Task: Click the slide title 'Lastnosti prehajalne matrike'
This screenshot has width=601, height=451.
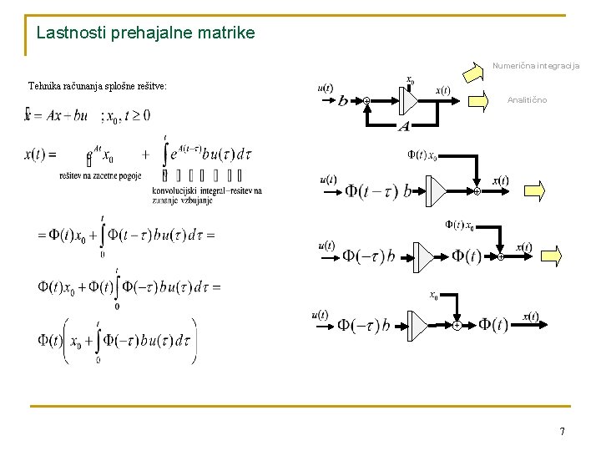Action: pyautogui.click(x=146, y=33)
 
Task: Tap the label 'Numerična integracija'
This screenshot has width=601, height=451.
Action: pyautogui.click(x=535, y=65)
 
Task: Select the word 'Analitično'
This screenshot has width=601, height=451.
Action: pyautogui.click(x=528, y=100)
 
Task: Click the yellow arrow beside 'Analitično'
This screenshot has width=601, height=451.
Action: pyautogui.click(x=480, y=102)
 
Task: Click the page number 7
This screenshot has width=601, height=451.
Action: pyautogui.click(x=562, y=432)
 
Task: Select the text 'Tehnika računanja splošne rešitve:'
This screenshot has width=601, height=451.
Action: pyautogui.click(x=97, y=85)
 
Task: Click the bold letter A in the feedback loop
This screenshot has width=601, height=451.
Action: pyautogui.click(x=404, y=126)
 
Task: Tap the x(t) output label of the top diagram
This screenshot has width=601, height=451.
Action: pyautogui.click(x=442, y=90)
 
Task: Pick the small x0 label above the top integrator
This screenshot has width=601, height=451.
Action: pyautogui.click(x=410, y=80)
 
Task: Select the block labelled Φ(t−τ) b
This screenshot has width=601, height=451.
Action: pyautogui.click(x=378, y=191)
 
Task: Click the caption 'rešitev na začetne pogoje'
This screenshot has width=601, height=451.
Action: pyautogui.click(x=100, y=175)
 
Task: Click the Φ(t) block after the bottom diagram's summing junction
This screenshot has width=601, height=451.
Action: pyautogui.click(x=492, y=325)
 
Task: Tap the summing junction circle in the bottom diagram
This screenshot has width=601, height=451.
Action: pyautogui.click(x=457, y=325)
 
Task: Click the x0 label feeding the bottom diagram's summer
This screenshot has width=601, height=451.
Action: pyautogui.click(x=434, y=295)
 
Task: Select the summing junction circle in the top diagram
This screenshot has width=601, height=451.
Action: pyautogui.click(x=366, y=101)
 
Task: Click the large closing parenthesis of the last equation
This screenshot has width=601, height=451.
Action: pyautogui.click(x=194, y=341)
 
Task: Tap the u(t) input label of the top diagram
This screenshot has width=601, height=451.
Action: pyautogui.click(x=326, y=89)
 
